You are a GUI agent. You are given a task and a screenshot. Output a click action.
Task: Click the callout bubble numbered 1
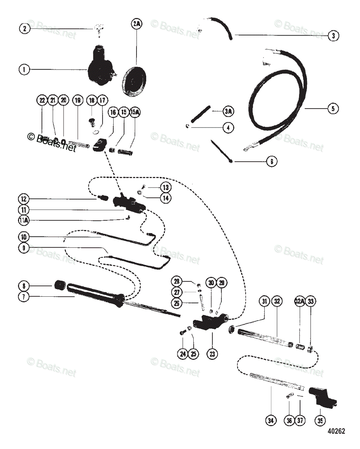pos(24,69)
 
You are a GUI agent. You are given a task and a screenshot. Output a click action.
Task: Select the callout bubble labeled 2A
pos(137,24)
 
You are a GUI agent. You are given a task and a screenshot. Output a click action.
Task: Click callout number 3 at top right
pos(333,36)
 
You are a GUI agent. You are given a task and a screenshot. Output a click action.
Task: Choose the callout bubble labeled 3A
pos(228,112)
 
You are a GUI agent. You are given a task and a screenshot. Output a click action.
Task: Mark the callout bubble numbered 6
pos(272,162)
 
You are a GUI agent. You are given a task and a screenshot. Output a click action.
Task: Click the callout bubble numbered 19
pos(77,100)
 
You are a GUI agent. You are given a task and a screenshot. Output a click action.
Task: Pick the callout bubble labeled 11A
pos(24,220)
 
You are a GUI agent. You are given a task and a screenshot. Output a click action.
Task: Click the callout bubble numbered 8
pos(24,286)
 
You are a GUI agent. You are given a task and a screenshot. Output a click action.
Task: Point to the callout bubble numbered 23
pos(212,354)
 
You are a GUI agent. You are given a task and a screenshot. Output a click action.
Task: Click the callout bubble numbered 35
pos(320,420)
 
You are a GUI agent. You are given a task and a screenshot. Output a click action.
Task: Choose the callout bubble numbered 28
pos(177,282)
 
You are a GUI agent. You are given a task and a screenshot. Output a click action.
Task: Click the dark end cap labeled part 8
pos(59,286)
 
